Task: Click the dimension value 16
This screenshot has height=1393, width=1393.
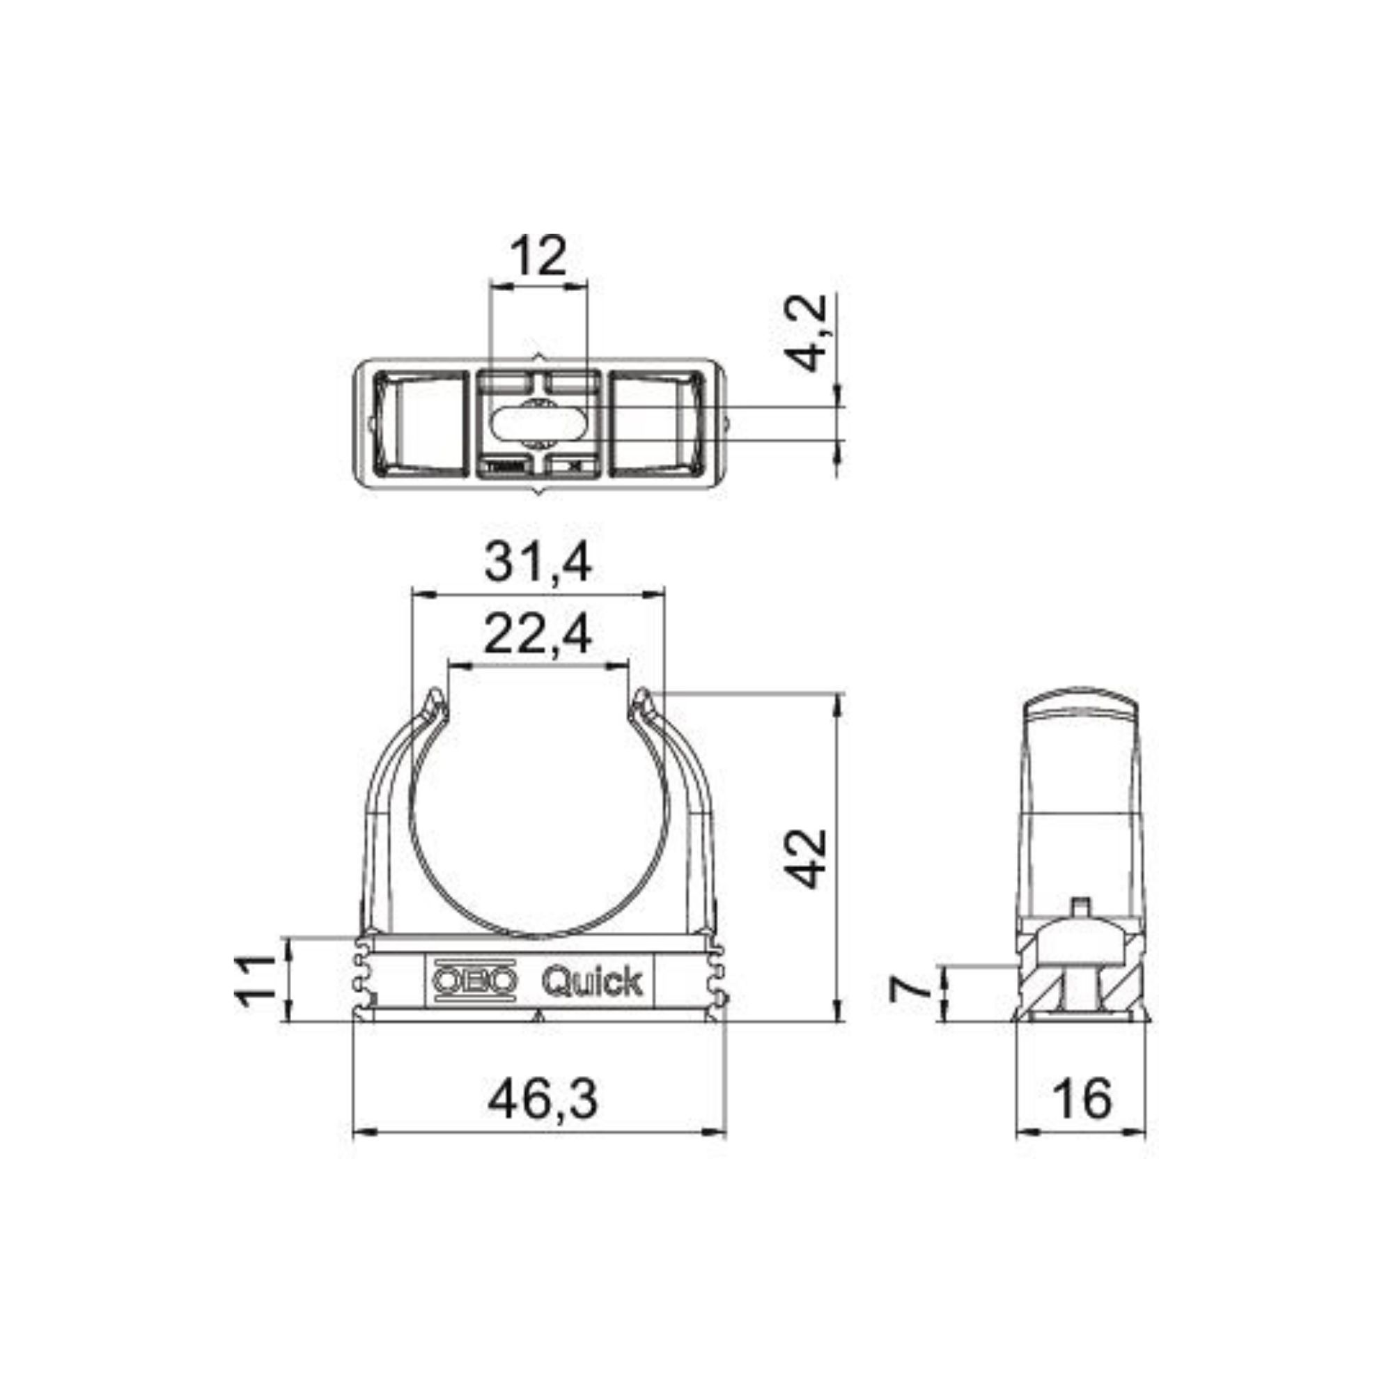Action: tap(1082, 1100)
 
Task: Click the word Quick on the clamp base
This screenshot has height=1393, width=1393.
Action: tap(591, 982)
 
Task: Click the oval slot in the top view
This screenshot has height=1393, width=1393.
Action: tap(538, 425)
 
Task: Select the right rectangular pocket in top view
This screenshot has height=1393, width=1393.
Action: tap(656, 424)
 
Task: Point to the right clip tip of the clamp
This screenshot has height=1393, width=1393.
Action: tap(641, 699)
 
